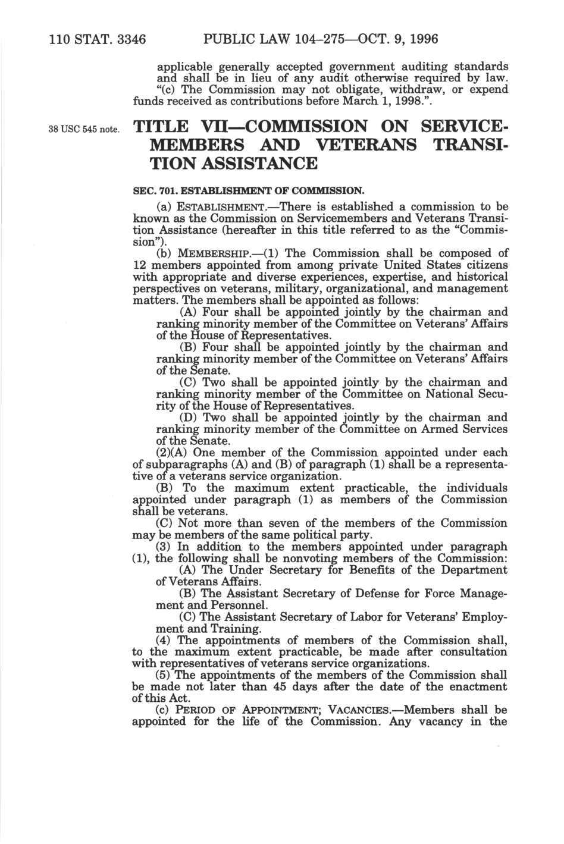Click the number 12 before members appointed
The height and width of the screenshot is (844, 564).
138,264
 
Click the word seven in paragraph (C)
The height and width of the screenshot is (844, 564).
278,523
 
